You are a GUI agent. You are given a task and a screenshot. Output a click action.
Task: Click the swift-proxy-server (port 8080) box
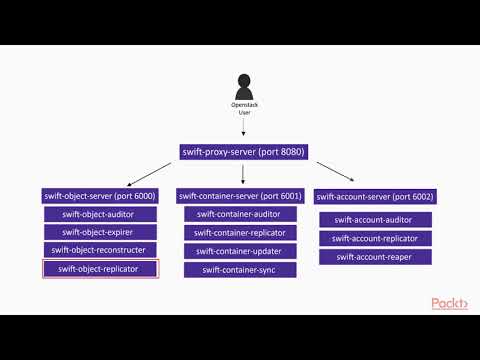(243, 151)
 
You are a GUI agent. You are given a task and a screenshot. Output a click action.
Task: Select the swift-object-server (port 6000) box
(99, 195)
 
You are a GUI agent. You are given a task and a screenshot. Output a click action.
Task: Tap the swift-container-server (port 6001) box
(240, 195)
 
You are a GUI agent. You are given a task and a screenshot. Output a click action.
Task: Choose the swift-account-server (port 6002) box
(374, 195)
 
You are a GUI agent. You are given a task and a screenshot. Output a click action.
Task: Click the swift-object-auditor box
(99, 214)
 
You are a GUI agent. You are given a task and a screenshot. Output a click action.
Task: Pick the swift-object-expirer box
(99, 232)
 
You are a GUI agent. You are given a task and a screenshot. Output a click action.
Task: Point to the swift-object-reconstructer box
(99, 250)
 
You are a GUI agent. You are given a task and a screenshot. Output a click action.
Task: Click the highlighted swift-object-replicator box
(99, 268)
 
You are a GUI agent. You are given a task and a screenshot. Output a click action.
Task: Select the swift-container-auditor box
(240, 214)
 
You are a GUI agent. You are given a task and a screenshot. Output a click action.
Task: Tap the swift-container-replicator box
(240, 232)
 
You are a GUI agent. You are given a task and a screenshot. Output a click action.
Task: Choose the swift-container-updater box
(240, 250)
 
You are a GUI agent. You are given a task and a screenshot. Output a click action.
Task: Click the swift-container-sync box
(240, 269)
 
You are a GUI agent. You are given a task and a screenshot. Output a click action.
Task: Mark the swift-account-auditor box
(374, 219)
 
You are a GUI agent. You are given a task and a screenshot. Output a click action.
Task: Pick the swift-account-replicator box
(374, 238)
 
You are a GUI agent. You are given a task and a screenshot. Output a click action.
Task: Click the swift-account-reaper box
(374, 257)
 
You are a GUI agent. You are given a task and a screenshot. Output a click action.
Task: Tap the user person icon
(243, 85)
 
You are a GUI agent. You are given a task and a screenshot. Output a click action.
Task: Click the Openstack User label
(243, 108)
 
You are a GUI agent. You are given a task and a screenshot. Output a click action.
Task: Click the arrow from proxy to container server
(242, 173)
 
